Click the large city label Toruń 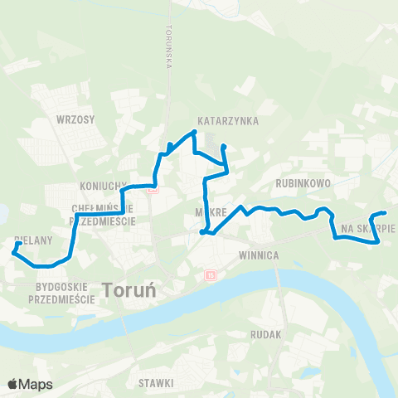(133, 289)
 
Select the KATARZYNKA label (228, 121)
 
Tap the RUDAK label (266, 334)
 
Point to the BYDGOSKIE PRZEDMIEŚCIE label (62, 292)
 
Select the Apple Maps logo (30, 384)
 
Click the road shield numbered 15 (211, 274)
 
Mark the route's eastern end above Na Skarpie (384, 214)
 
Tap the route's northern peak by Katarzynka (194, 131)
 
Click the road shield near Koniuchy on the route (151, 189)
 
